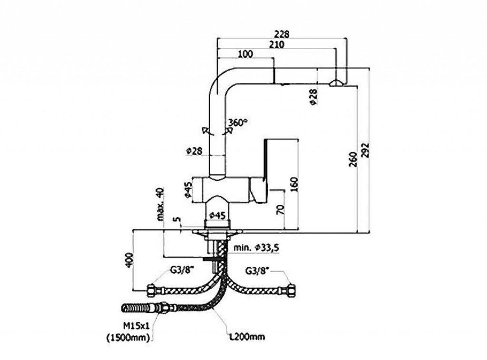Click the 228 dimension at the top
coord(282,34)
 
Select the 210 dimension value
coord(276,45)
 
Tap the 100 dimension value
coord(244,54)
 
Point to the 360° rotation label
coord(237,122)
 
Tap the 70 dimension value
coord(281,209)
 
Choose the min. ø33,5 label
coord(256,248)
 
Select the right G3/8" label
coord(257,271)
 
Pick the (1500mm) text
coord(128,338)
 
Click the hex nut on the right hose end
coord(292,290)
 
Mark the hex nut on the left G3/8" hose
coord(151,289)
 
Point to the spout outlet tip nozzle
coord(335,83)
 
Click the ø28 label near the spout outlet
coord(313,97)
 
